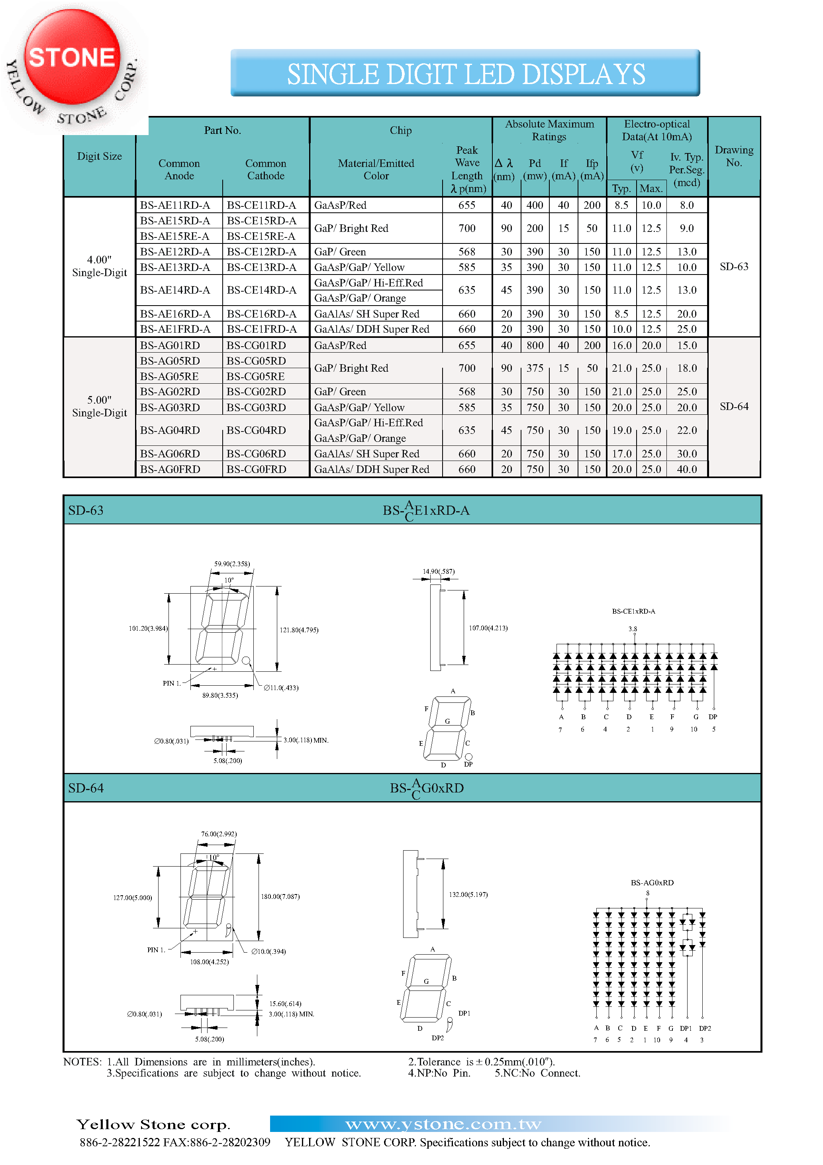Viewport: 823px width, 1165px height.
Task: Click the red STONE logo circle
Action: tap(72, 57)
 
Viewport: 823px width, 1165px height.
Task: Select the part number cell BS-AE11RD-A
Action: tap(175, 205)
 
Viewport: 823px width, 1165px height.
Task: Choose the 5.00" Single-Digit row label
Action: tap(100, 406)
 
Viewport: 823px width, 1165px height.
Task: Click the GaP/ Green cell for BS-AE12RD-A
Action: tap(340, 252)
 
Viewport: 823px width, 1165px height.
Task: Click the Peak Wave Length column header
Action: tap(467, 169)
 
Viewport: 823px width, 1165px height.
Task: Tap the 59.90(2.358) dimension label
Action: tap(232, 564)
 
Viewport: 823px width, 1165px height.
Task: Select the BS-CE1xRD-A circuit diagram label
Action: tap(633, 612)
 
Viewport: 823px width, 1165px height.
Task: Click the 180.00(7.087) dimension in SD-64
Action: tap(280, 896)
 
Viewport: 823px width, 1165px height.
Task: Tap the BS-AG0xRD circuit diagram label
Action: tap(652, 883)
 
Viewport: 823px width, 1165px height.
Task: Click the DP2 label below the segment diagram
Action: tap(437, 1038)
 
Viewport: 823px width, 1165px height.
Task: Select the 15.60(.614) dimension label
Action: tap(285, 1004)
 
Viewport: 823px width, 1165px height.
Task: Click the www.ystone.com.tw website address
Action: tap(443, 1124)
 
